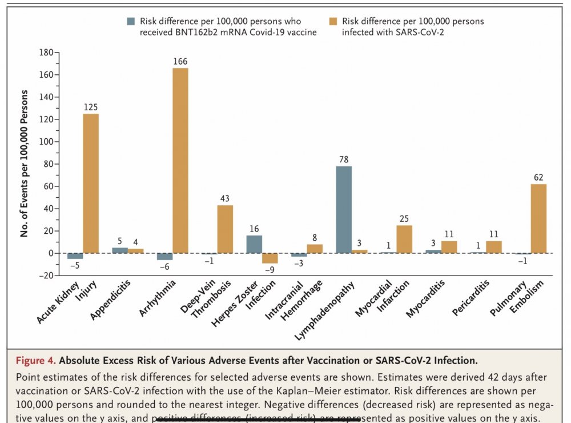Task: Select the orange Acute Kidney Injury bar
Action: pyautogui.click(x=91, y=183)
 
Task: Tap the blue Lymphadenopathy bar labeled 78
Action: pyautogui.click(x=344, y=209)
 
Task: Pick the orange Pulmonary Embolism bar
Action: pyautogui.click(x=538, y=218)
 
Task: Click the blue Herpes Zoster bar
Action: pyautogui.click(x=254, y=244)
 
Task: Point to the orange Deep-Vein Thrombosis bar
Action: pyautogui.click(x=225, y=229)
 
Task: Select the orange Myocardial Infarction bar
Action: pyautogui.click(x=404, y=239)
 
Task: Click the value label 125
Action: pyautogui.click(x=91, y=106)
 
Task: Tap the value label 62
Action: pyautogui.click(x=538, y=177)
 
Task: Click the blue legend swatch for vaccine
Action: pyautogui.click(x=131, y=21)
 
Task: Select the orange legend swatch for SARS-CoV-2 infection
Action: pyautogui.click(x=333, y=21)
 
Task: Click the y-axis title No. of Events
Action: pyautogui.click(x=25, y=163)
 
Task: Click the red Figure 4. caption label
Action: pyautogui.click(x=36, y=361)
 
